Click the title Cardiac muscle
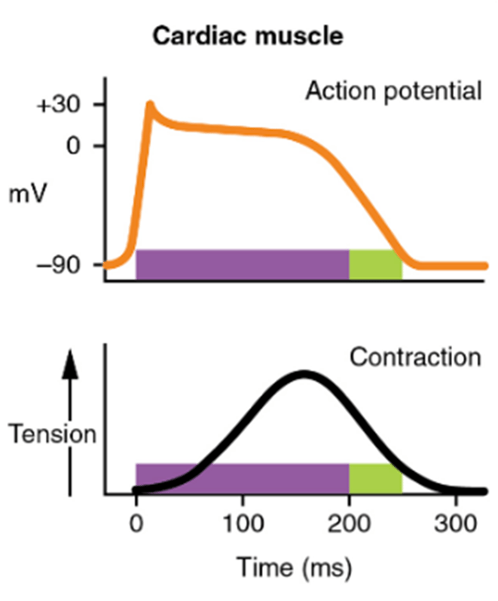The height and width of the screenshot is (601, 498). (248, 35)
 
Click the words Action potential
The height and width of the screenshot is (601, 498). (392, 92)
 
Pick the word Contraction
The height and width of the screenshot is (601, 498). (414, 358)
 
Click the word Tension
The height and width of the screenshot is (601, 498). (52, 434)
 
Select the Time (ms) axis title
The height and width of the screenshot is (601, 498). (295, 564)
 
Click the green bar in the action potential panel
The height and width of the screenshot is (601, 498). (375, 265)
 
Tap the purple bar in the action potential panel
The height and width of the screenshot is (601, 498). (242, 265)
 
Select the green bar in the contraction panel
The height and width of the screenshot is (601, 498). (375, 478)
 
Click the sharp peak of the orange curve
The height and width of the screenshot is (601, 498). (149, 104)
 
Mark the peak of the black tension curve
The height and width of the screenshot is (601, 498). (303, 375)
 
